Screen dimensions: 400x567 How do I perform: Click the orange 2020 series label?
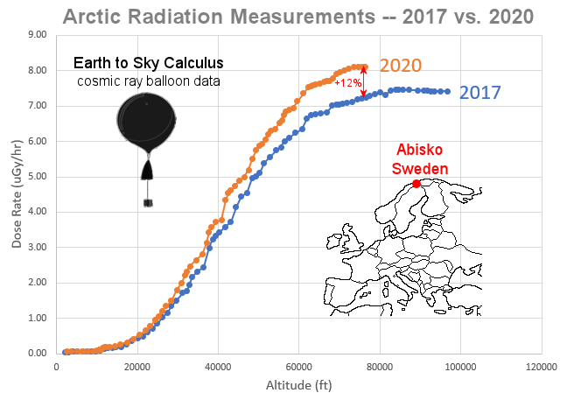(401, 66)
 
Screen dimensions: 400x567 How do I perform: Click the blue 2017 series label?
(479, 93)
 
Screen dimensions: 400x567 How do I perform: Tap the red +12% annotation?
(348, 82)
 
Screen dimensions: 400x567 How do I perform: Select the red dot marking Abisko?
(416, 184)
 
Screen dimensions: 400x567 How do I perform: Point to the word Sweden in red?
(420, 168)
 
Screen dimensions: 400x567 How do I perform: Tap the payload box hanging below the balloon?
(149, 203)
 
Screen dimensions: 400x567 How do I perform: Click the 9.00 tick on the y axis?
(38, 35)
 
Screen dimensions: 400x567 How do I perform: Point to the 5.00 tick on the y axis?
(38, 177)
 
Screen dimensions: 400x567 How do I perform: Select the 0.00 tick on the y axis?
(38, 354)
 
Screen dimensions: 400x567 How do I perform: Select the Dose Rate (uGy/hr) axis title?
(17, 194)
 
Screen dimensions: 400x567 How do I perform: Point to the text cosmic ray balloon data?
(148, 81)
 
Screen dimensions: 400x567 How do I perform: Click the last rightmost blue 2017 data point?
(448, 91)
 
